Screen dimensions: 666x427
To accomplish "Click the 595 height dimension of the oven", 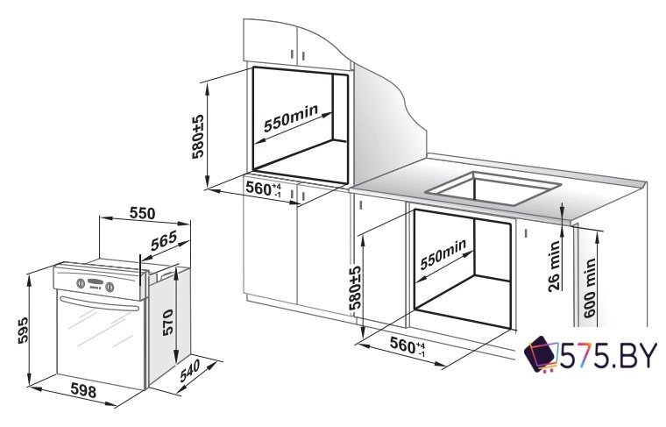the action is click(23, 330).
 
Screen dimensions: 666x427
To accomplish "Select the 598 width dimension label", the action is click(83, 390).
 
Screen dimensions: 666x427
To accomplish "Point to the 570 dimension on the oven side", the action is click(167, 323).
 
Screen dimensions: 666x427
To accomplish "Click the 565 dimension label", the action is click(164, 241).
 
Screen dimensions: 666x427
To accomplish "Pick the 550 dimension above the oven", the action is click(142, 213).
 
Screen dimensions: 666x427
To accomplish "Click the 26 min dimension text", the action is click(555, 266).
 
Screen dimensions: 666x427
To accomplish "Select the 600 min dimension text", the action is click(590, 288).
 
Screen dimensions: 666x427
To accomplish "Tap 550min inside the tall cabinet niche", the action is click(291, 118).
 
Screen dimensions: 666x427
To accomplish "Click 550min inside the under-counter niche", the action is click(443, 254).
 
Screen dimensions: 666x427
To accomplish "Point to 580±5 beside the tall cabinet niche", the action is click(198, 136).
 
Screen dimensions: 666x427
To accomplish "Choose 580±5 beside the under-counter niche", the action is click(354, 288).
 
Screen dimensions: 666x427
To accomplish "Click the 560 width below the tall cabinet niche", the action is click(264, 189).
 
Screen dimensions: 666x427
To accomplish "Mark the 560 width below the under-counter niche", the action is click(407, 345).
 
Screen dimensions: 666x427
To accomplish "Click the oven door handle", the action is click(100, 304).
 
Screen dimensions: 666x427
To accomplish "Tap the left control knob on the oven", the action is click(81, 283).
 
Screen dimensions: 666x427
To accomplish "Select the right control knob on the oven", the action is click(110, 288).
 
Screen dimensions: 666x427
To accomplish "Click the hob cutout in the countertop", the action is click(493, 187).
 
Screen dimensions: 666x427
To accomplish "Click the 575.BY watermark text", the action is click(608, 356).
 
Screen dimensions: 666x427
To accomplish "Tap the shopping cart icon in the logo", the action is click(541, 354).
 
